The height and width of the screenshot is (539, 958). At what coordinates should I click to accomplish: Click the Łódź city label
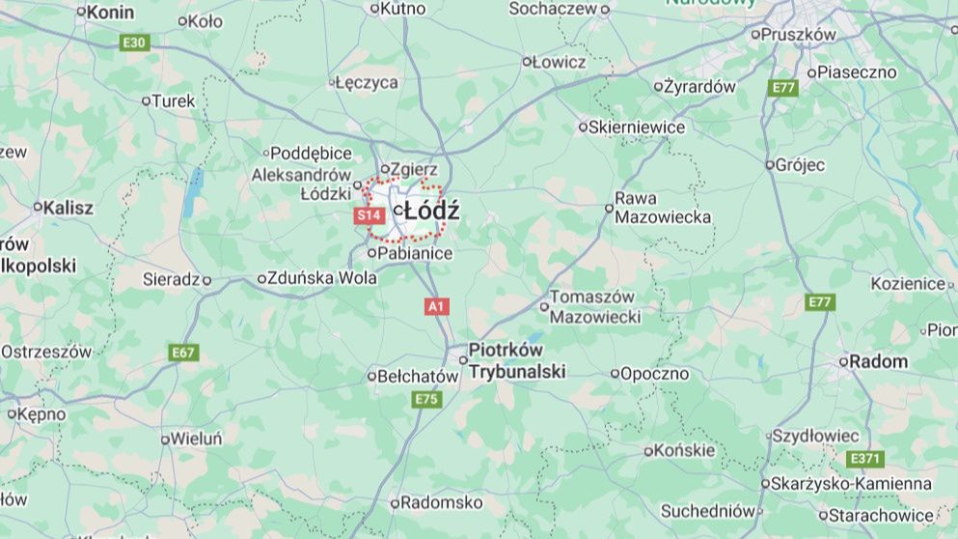point(431,211)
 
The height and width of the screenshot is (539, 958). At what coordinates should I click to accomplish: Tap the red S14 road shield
point(370,215)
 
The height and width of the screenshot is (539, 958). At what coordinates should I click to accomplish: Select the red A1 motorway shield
point(437,306)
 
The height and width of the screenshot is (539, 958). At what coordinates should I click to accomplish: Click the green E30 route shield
point(134,43)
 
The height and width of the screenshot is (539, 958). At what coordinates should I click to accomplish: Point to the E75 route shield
point(425,399)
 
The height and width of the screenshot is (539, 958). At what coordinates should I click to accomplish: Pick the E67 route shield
point(183,353)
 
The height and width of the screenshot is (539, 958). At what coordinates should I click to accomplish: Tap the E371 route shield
point(864,459)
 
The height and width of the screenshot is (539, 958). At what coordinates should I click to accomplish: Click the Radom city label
point(879,361)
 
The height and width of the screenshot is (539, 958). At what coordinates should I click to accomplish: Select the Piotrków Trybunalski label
point(516,360)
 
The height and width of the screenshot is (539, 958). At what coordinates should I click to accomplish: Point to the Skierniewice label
point(639,127)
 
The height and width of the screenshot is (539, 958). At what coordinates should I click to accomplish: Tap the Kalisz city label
point(68,207)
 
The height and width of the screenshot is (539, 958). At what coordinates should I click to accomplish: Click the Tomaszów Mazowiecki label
point(593,306)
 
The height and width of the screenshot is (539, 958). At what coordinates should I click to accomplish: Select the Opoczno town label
point(654,373)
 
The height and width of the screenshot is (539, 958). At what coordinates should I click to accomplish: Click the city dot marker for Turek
point(147,100)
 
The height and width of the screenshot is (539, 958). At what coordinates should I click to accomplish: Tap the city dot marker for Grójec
point(769,165)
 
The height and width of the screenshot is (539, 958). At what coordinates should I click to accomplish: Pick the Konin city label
point(110,13)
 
